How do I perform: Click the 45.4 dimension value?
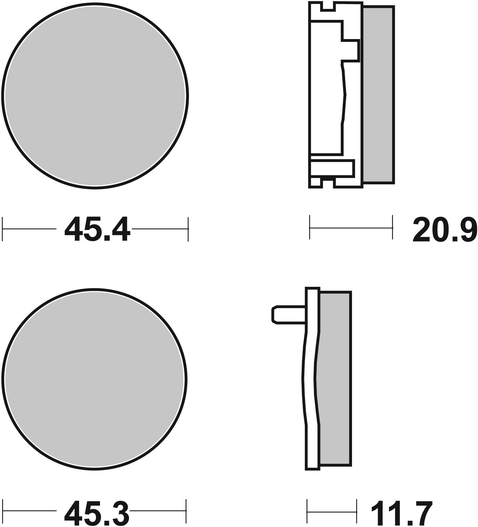(97, 229)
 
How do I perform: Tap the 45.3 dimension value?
(97, 514)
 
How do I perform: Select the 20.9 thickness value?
(445, 229)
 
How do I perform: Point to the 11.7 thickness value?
(401, 514)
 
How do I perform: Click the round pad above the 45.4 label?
(95, 95)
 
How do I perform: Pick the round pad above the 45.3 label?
(95, 379)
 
